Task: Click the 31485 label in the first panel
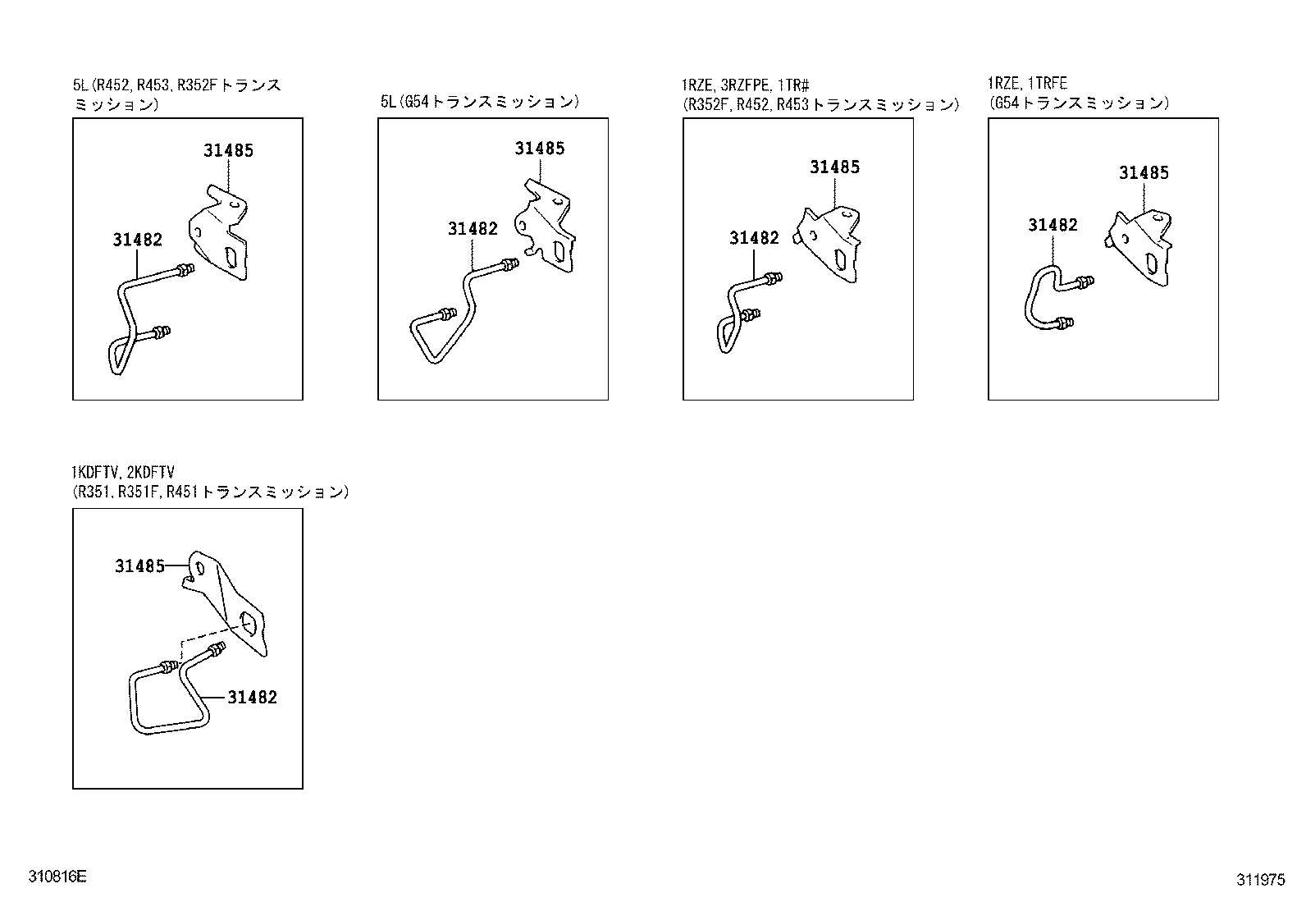229,150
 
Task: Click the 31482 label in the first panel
137,240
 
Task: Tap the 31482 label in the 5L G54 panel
473,229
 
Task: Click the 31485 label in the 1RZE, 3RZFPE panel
834,167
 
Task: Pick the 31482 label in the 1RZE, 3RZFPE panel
754,238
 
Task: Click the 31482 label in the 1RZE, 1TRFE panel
1053,225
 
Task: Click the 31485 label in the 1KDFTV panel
139,566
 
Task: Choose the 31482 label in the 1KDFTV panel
252,697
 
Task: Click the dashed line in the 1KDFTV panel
205,636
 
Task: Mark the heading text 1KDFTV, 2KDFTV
122,473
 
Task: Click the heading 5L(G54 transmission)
480,102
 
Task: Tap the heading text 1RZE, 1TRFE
1027,84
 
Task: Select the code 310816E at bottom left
57,877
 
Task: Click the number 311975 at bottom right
1261,880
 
